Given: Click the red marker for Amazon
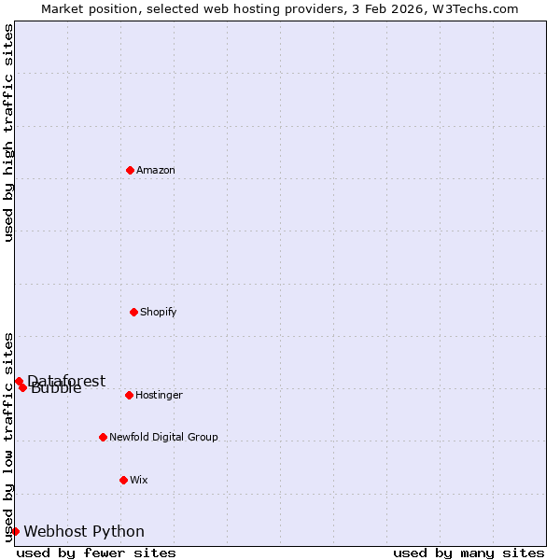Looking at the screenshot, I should pos(130,170).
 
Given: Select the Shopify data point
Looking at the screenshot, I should pos(133,312).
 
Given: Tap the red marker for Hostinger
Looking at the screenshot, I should pos(129,395).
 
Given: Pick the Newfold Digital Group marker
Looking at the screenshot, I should pos(103,437).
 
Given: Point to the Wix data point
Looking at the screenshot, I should pos(123,480).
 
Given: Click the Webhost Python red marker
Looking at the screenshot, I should pos(15,531).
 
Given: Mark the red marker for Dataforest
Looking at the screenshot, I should pos(19,381).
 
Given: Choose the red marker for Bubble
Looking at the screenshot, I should pos(22,387).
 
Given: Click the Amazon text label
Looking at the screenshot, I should pos(156,170).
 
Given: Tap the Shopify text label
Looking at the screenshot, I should pos(159,312).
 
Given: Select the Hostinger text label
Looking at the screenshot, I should pos(159,395).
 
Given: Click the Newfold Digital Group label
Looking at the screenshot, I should pos(163,437).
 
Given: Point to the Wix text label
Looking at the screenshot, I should pos(139,480).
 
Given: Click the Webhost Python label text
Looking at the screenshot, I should pos(84,531).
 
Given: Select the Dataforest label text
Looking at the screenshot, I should pos(67,381).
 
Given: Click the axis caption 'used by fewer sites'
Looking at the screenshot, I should pos(96,553).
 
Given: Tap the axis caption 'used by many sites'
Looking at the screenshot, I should pos(469,553).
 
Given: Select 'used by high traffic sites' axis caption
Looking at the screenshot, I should pos(8,133).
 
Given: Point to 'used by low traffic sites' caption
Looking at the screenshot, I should pos(8,437).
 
